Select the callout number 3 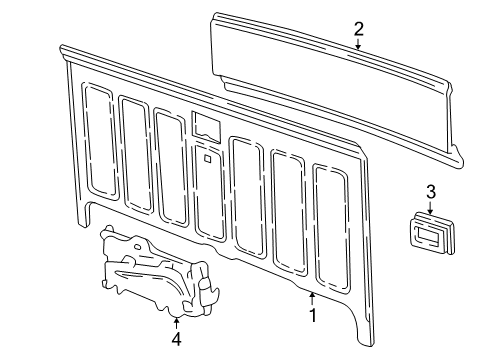point(431,192)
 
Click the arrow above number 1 point(313,298)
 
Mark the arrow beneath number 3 point(431,208)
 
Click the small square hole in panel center point(205,157)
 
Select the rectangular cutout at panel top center point(206,126)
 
